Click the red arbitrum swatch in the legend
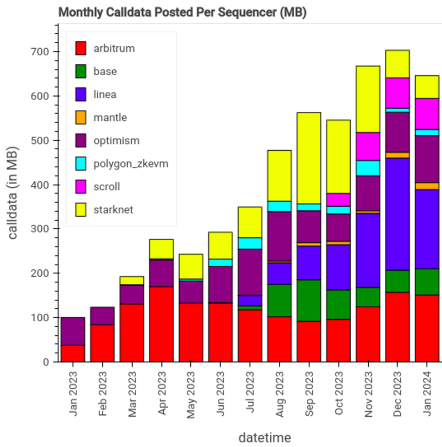click(81, 48)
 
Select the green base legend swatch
click(81, 72)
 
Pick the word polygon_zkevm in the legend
click(131, 164)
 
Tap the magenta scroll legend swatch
click(81, 187)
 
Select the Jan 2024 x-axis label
click(427, 393)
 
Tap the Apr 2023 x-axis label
click(162, 393)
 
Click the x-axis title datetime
click(264, 437)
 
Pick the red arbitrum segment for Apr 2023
click(162, 324)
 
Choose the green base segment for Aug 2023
click(280, 300)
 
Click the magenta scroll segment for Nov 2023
click(368, 146)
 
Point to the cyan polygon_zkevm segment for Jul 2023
click(250, 243)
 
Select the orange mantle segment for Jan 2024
click(427, 186)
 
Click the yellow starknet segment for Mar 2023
click(132, 280)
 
